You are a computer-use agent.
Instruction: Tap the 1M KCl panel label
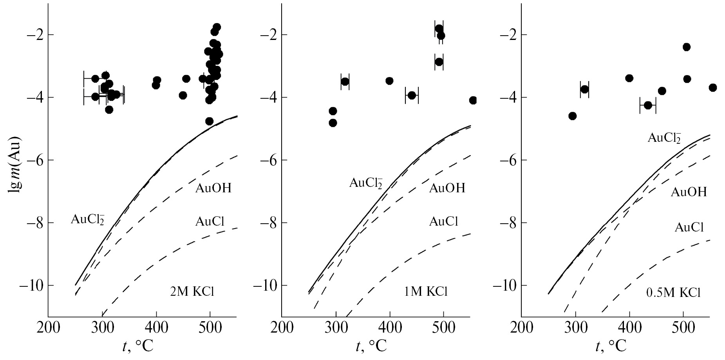pos(425,292)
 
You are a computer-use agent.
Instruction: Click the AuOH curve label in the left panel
pos(213,188)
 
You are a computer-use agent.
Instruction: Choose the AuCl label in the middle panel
pos(443,222)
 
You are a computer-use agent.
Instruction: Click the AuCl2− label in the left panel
pos(87,219)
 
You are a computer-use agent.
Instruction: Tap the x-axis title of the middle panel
pos(371,346)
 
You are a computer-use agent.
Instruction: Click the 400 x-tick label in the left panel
pos(156,327)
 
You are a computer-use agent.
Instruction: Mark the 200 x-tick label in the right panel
pos(522,327)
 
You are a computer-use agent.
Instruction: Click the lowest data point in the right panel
pos(572,116)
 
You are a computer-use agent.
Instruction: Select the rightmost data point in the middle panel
pos(473,100)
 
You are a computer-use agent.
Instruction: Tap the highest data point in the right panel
pos(686,47)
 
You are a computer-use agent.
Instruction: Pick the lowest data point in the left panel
pos(209,121)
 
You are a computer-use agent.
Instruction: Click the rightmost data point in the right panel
pos(712,88)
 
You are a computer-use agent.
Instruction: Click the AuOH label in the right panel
pos(689,192)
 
